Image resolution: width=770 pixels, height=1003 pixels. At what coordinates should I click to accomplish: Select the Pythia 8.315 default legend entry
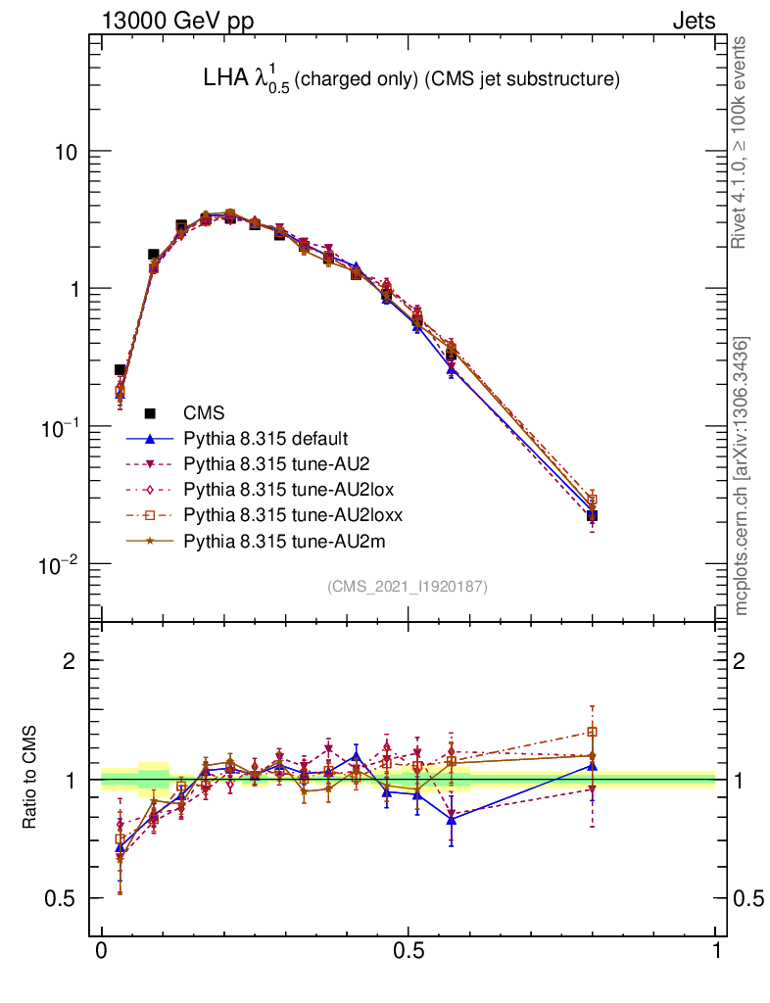(265, 438)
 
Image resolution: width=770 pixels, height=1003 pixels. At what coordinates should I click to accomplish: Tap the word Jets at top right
(694, 21)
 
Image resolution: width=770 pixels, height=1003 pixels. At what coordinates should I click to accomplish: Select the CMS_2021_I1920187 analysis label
(408, 586)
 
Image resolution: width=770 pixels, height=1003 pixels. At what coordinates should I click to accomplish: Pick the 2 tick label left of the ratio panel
(69, 661)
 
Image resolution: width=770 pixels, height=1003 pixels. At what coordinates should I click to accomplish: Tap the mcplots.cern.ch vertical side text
(742, 475)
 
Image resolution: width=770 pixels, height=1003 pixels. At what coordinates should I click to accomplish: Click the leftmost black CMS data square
(120, 370)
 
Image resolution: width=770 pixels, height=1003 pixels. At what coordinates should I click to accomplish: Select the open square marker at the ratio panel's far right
(592, 732)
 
